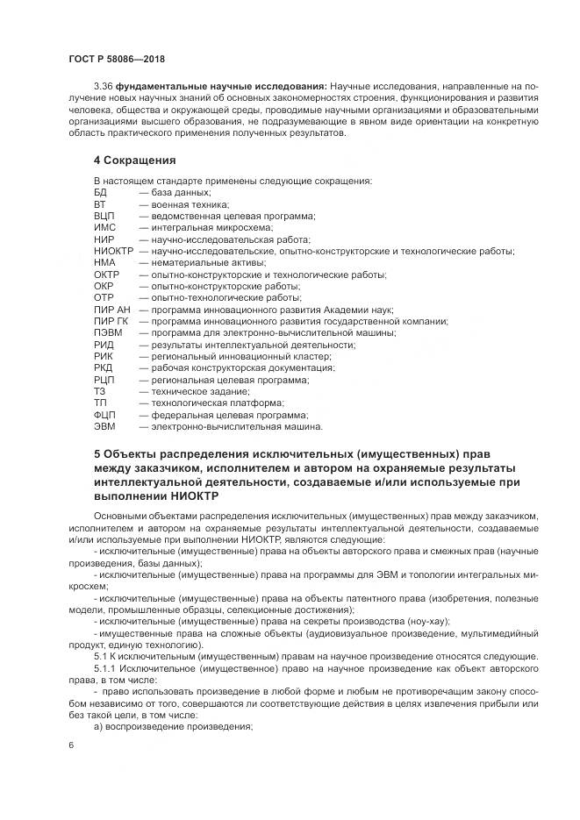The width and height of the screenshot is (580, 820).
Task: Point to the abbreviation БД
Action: [100, 191]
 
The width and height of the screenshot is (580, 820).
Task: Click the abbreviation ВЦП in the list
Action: [104, 215]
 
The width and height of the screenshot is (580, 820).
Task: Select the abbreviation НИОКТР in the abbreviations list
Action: [112, 251]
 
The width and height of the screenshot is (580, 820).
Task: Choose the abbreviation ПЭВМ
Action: [107, 333]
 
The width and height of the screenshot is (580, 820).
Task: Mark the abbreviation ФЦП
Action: [104, 416]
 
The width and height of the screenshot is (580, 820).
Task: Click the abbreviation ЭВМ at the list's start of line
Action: [104, 427]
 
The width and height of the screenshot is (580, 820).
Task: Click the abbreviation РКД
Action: [104, 368]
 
